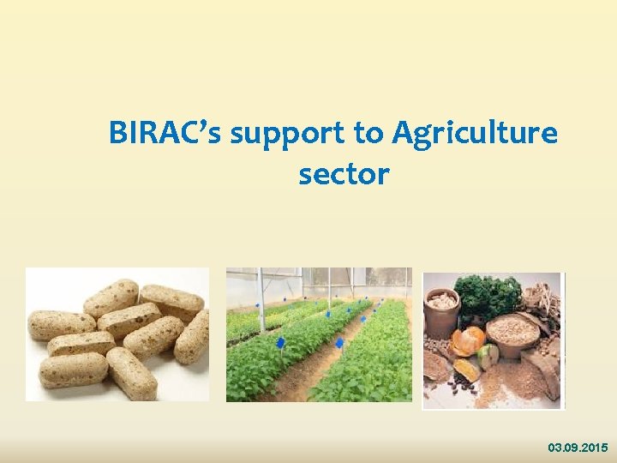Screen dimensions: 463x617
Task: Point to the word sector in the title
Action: coord(344,174)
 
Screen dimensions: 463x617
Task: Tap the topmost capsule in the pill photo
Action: coord(111,297)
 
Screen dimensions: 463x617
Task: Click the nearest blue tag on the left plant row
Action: coord(279,345)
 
